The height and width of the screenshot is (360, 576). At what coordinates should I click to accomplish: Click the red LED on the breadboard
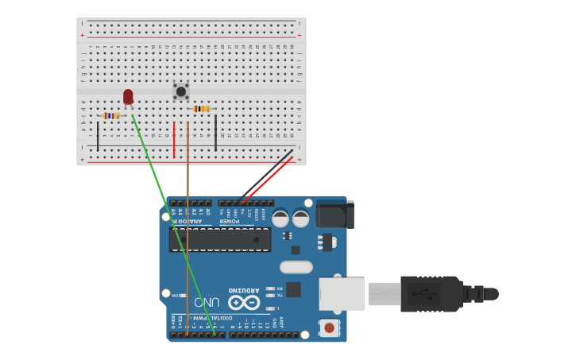point(128,97)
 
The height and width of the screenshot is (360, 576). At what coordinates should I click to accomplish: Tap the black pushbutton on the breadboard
point(181,91)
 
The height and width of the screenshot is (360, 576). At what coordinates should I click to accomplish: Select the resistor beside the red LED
point(111,115)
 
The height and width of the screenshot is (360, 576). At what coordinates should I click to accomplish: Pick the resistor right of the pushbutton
point(202,109)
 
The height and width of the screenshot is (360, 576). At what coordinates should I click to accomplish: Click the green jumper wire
point(171,223)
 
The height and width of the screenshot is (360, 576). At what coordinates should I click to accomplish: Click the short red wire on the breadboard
point(174,139)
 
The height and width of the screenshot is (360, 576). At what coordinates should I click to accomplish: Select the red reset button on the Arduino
point(327,327)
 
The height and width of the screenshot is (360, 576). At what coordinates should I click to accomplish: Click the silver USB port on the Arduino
point(341,293)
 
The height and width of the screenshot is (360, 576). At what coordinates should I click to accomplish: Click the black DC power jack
point(334,214)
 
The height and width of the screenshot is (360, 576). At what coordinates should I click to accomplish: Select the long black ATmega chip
point(220,239)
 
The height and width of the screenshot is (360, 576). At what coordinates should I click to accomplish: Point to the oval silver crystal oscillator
point(296,267)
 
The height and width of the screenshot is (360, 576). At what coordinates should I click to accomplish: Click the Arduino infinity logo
point(244,303)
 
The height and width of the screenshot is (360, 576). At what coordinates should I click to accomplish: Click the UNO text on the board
point(207,303)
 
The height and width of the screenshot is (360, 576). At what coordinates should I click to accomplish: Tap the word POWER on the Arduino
point(230,222)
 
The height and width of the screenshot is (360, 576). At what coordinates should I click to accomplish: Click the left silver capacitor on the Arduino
point(280,218)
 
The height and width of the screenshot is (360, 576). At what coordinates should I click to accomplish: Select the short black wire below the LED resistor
point(98,136)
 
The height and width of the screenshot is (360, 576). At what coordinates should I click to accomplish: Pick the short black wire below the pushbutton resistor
point(215,133)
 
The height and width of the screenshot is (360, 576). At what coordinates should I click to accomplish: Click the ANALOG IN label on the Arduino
point(191,222)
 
